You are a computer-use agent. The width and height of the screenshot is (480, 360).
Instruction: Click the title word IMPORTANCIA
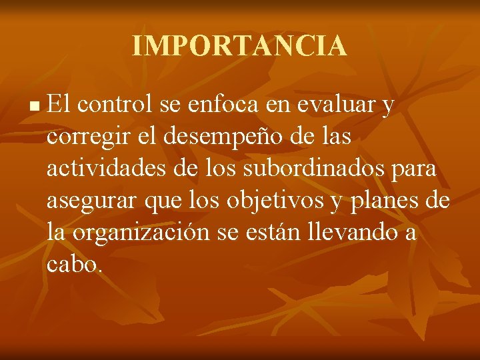pyautogui.click(x=239, y=46)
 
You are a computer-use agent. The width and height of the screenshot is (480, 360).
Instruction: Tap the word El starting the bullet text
pyautogui.click(x=59, y=104)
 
